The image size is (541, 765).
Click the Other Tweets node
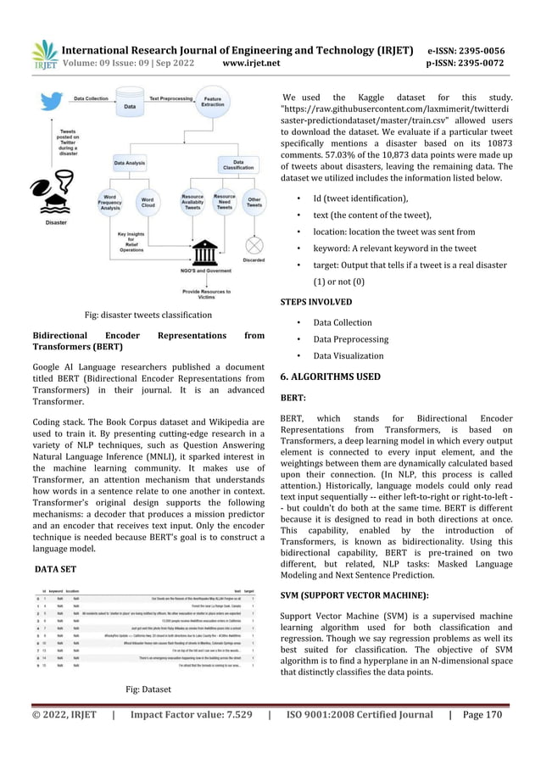(254, 204)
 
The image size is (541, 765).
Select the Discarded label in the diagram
(254, 260)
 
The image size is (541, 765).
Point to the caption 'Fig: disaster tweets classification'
(148, 315)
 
